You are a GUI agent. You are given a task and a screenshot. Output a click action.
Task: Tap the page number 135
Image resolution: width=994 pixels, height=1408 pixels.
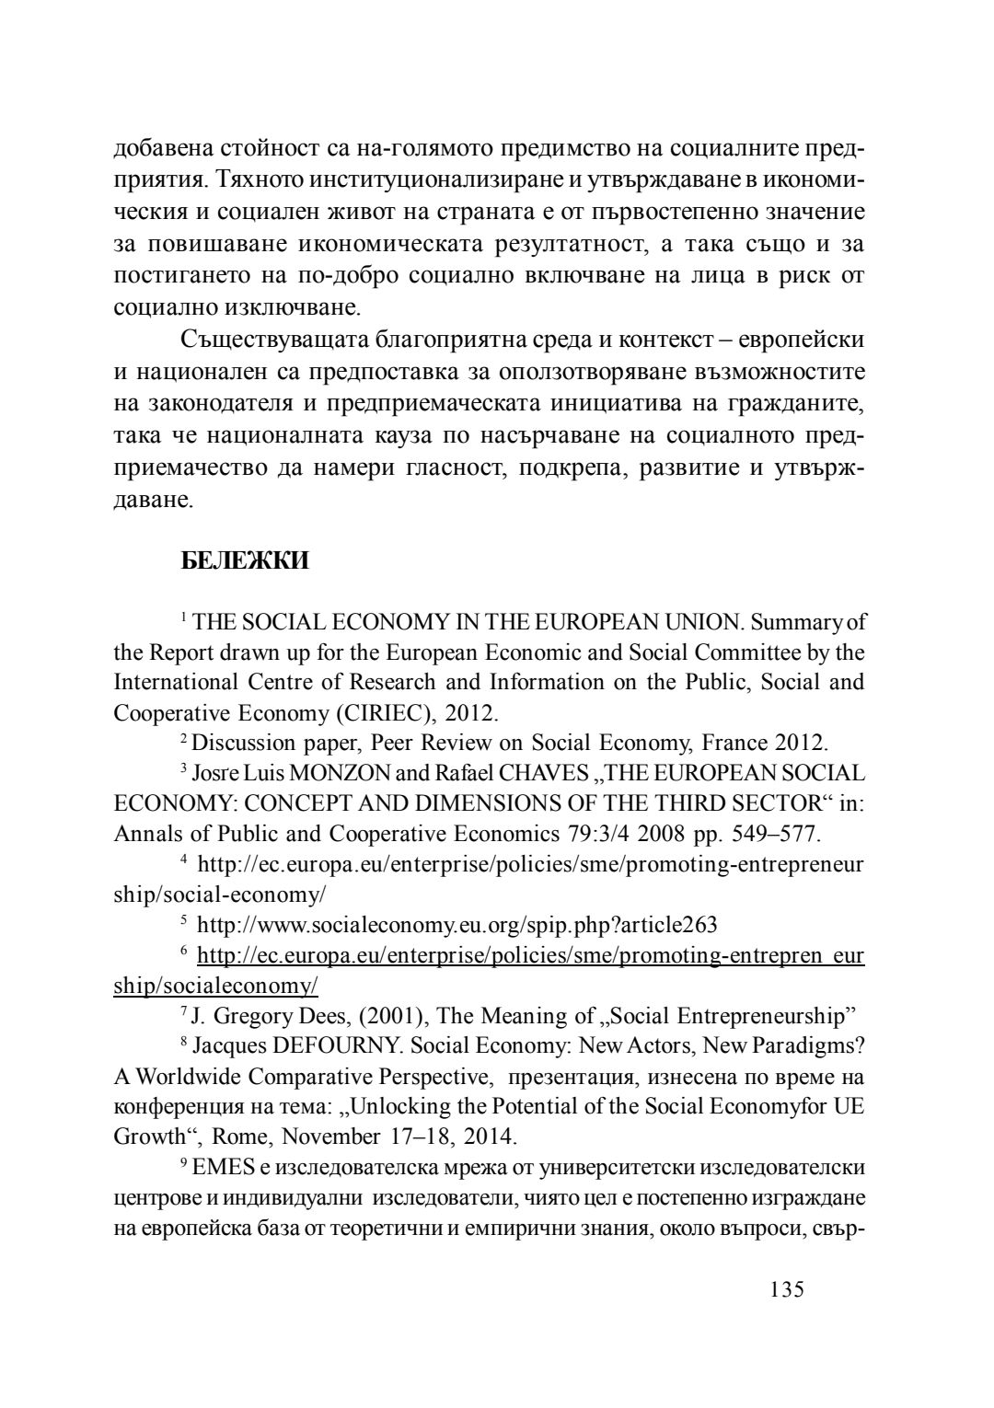coord(786,1289)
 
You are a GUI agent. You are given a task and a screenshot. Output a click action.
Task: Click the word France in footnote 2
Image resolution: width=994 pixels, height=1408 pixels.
coord(736,743)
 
